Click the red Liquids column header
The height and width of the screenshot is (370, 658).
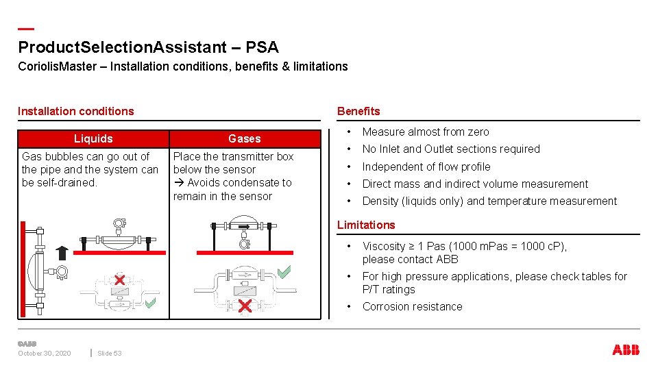point(93,138)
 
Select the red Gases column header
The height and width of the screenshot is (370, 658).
point(245,138)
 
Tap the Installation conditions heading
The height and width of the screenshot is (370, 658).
point(76,111)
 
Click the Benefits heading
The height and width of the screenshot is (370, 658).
point(358,111)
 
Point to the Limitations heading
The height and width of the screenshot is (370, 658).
point(366,225)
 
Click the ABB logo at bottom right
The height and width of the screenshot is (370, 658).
point(625,350)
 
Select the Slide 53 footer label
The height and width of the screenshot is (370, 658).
point(109,353)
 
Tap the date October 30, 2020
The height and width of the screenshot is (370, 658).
point(44,353)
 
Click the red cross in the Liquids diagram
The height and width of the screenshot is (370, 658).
point(119,280)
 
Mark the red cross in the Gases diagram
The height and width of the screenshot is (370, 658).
point(245,306)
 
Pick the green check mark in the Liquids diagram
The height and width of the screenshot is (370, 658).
point(150,301)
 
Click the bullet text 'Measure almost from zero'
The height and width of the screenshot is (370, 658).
point(426,132)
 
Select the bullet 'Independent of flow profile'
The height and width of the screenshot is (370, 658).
point(426,166)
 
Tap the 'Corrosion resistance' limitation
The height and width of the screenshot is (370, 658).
point(412,306)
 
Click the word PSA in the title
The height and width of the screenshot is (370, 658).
point(262,47)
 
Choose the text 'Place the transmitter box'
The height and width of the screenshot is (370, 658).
point(233,156)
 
